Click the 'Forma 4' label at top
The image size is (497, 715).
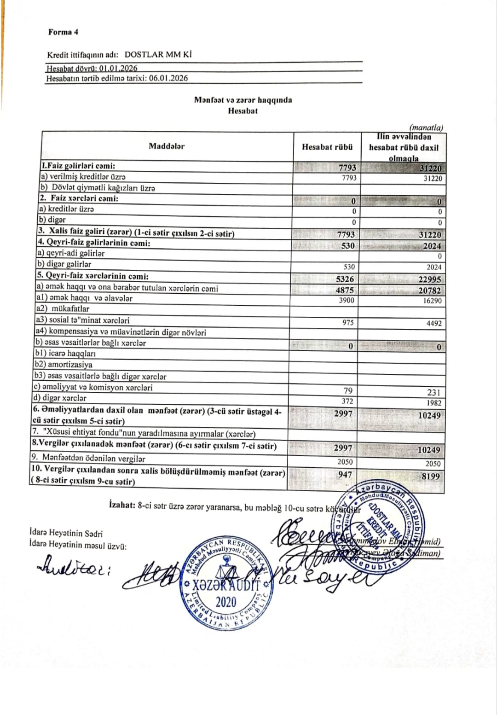pos(63,32)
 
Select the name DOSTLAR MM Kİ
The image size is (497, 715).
pos(158,54)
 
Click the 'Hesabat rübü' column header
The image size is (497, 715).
pos(327,147)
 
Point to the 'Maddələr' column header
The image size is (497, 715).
pos(167,146)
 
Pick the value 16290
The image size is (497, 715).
pos(432,300)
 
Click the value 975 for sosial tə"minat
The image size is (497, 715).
pos(348,322)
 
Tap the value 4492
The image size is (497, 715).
pos(433,323)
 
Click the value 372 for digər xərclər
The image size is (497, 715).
pos(348,401)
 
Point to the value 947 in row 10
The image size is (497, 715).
pos(345,474)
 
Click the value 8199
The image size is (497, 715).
pos(431,476)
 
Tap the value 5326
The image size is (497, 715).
pos(345,279)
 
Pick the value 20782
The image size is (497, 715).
pos(430,290)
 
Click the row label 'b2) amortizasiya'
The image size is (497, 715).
pos(64,365)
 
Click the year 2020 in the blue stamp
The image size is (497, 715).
pos(225,602)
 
